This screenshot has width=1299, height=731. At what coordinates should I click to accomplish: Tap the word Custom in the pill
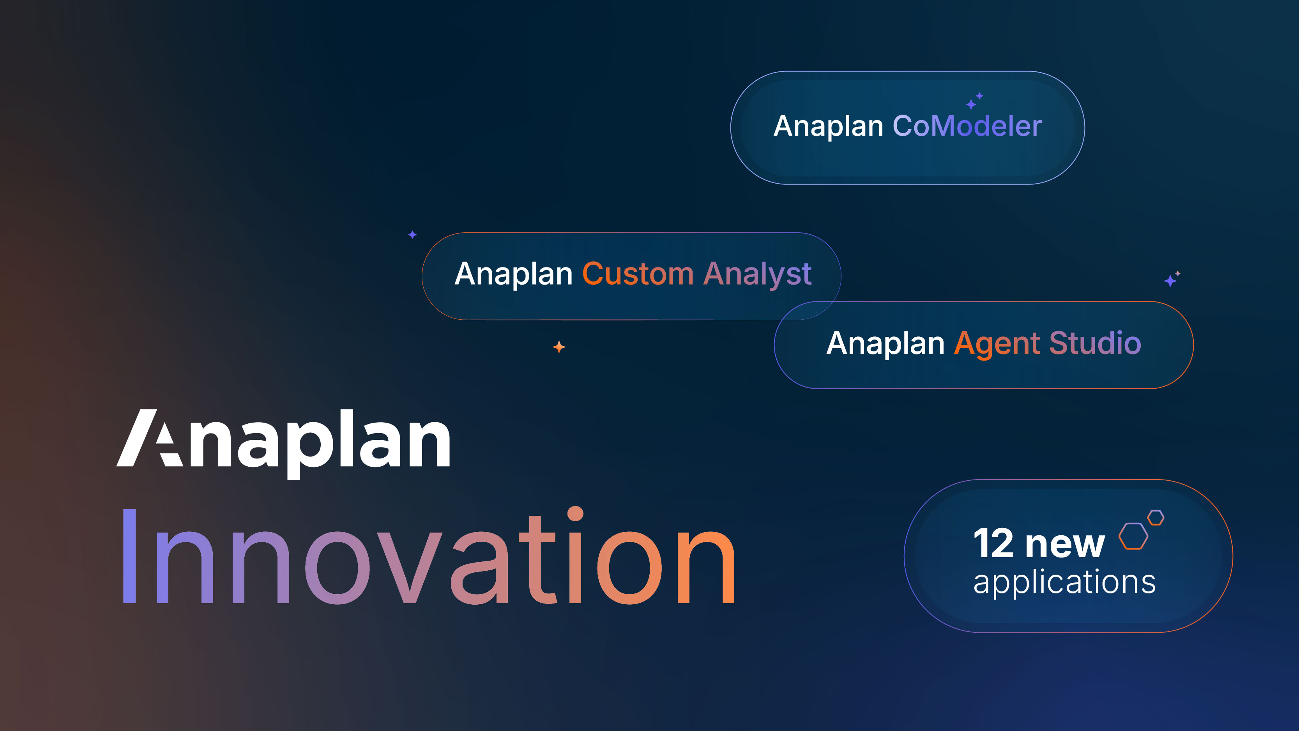638,274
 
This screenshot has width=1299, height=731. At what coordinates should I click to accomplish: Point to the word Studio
1095,343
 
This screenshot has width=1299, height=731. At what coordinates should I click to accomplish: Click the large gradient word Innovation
429,558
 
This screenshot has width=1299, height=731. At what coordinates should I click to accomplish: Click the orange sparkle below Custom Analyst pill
559,347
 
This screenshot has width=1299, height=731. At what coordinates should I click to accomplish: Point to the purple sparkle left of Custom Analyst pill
412,235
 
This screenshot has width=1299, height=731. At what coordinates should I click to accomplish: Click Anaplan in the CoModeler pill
828,126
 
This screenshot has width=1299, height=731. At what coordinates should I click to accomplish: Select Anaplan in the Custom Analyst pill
513,274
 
